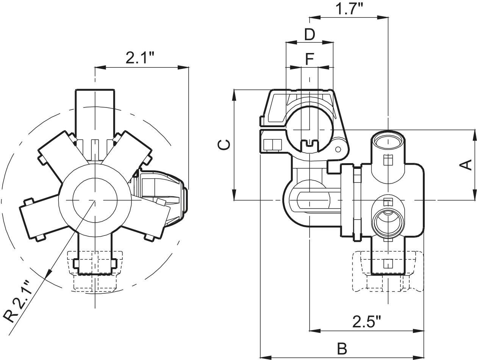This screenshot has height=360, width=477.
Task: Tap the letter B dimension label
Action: [342, 349]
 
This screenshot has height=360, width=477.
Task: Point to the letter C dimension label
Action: [224, 145]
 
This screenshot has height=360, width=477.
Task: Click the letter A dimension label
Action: [466, 165]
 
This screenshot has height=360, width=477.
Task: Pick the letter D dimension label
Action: [310, 34]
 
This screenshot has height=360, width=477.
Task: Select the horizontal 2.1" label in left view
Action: [140, 57]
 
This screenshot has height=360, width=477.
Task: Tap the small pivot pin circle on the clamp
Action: [338, 150]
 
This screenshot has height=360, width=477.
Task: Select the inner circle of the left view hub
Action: [95, 200]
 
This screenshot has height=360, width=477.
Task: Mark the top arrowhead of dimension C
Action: [234, 95]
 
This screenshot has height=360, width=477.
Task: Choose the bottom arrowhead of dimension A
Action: [474, 195]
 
